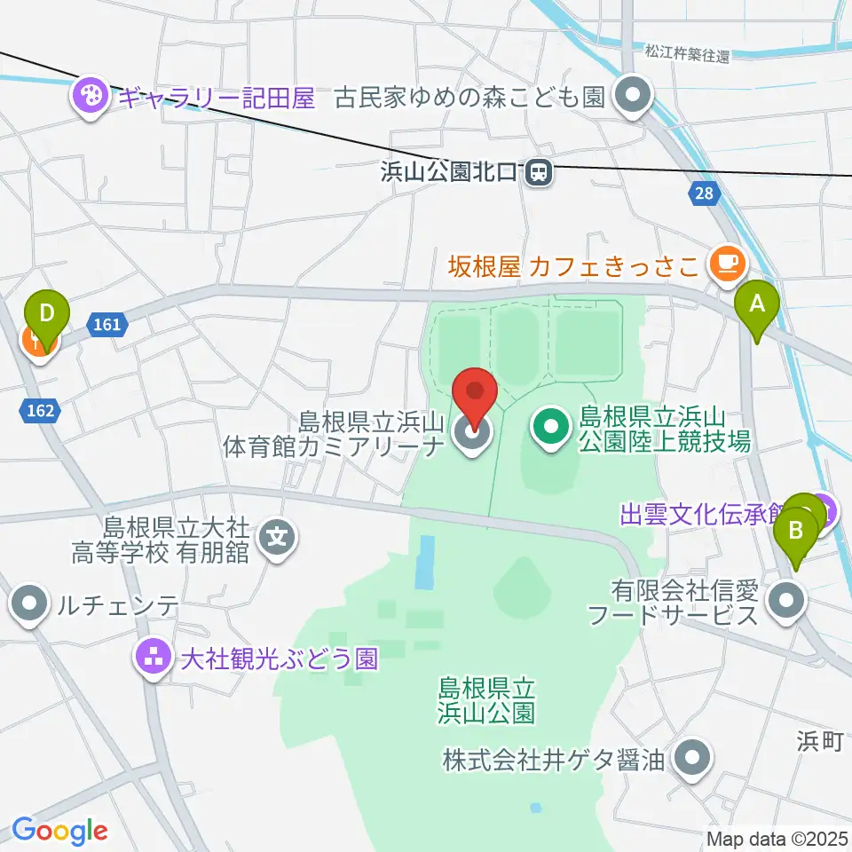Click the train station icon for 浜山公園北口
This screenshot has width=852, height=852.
(539, 173)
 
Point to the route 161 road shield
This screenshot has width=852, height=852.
(106, 325)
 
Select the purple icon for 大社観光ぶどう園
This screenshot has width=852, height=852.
(150, 658)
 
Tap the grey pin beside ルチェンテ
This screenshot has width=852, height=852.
(30, 605)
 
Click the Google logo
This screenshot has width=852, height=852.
(59, 831)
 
